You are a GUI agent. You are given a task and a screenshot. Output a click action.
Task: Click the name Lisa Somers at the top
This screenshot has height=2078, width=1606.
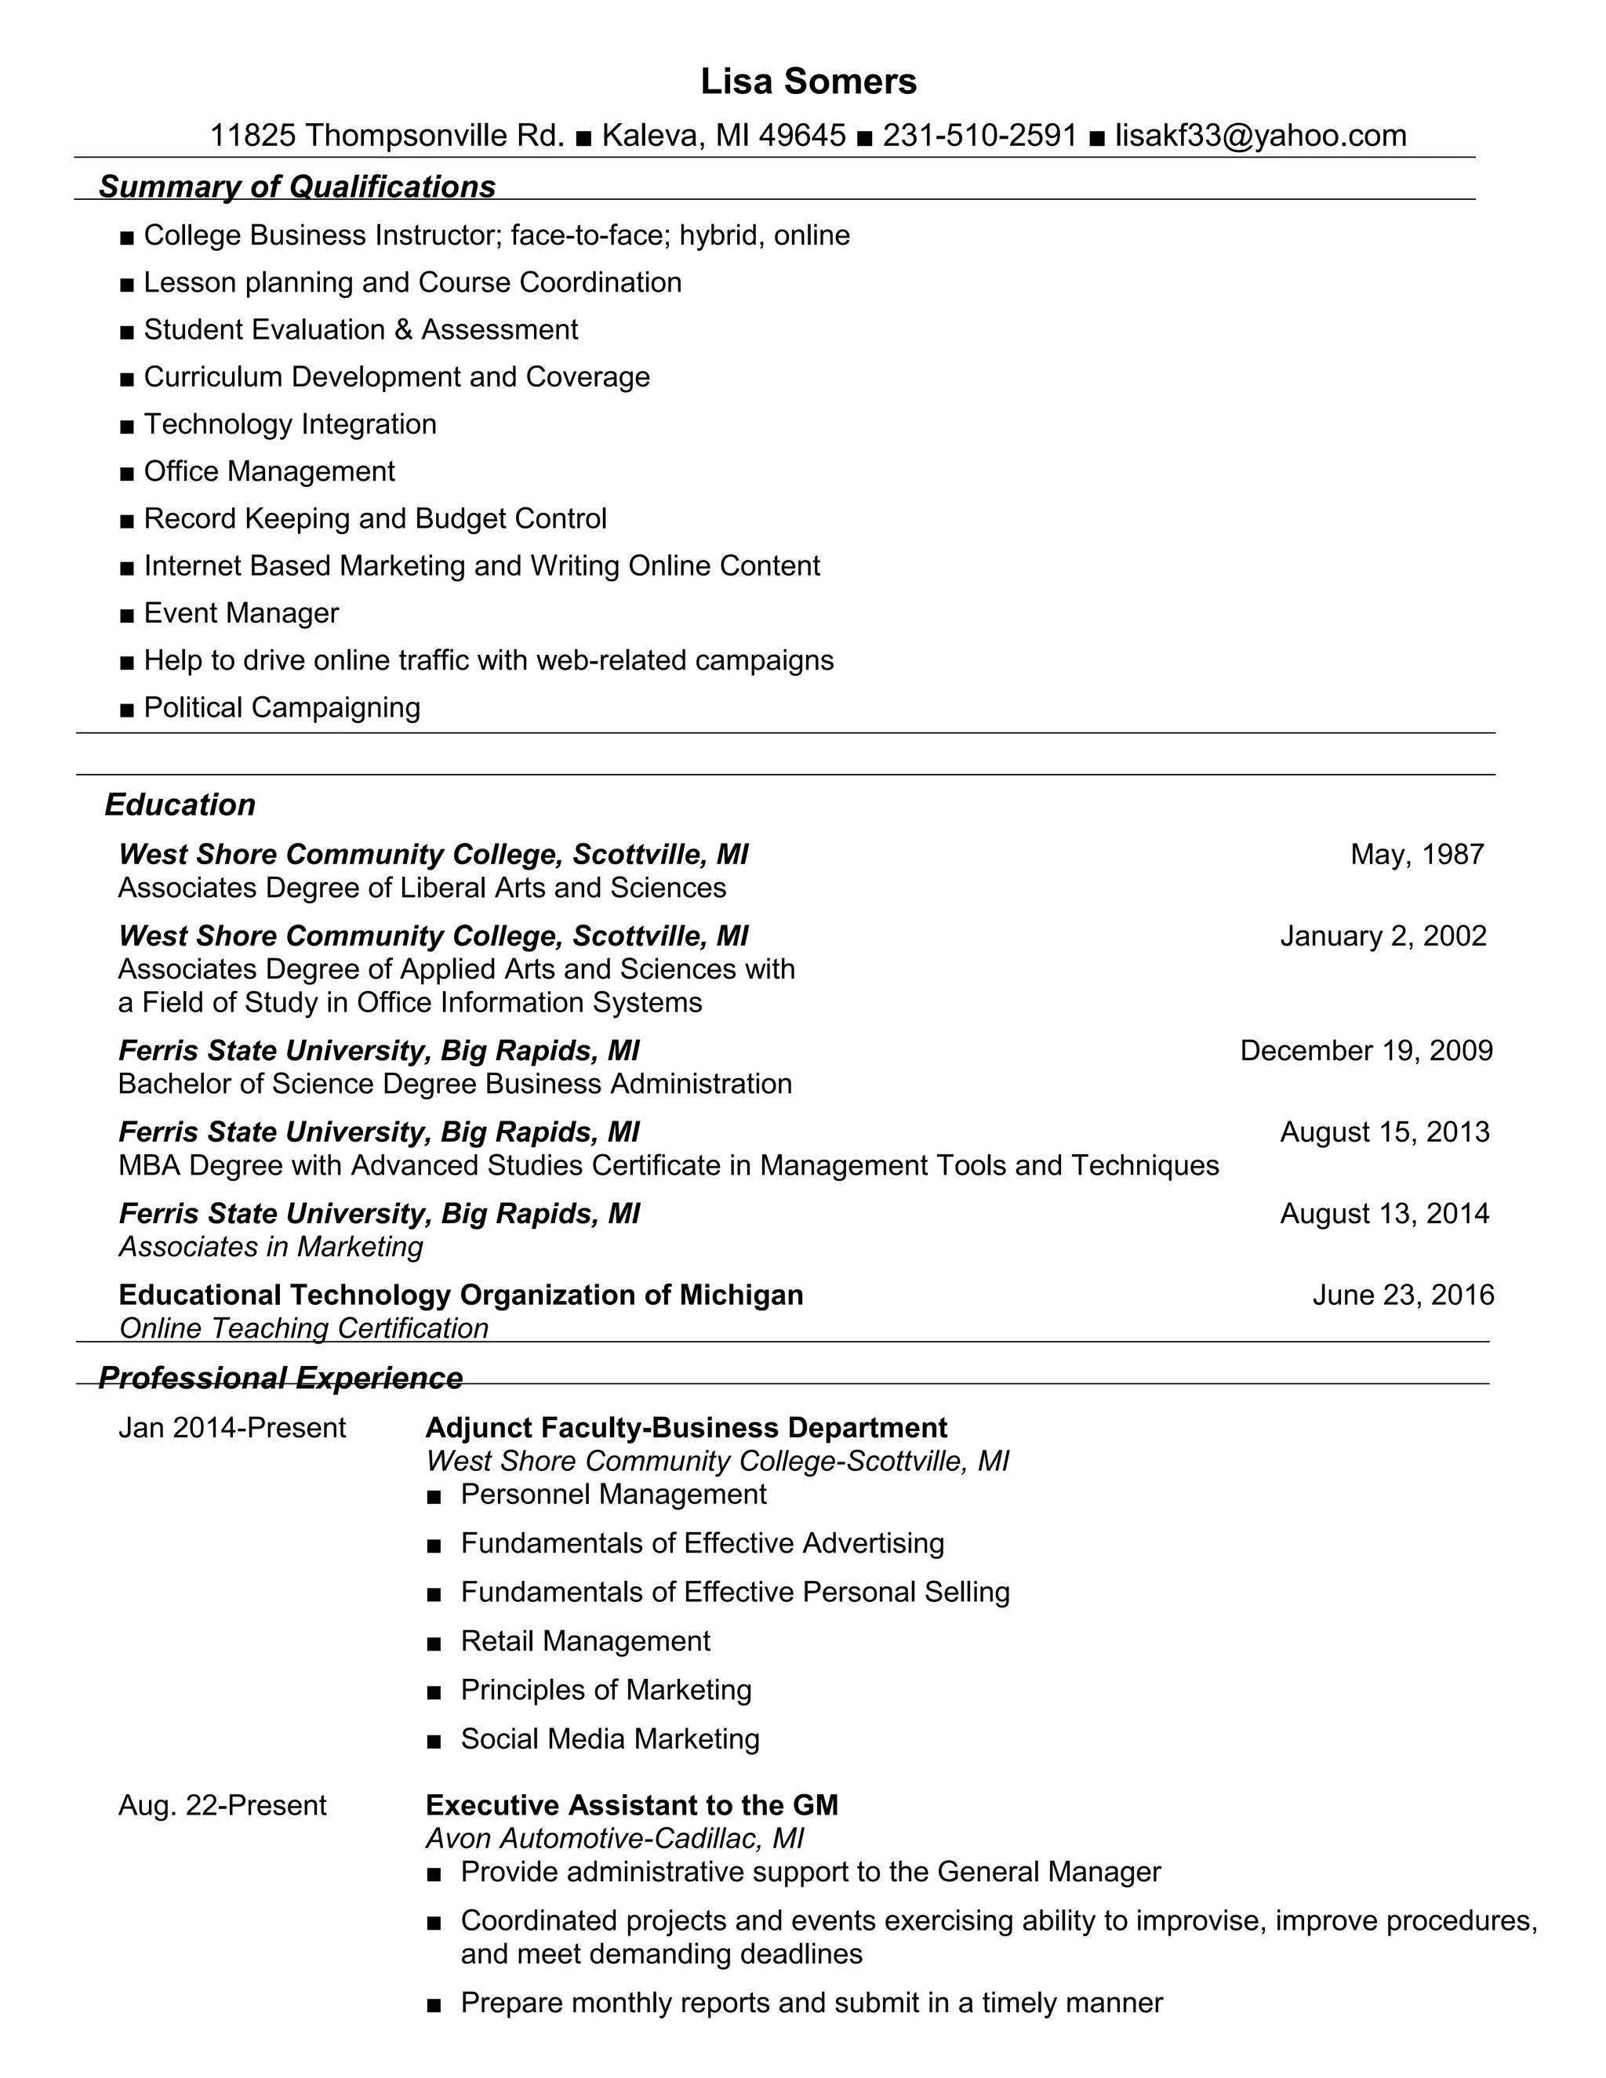click(x=808, y=82)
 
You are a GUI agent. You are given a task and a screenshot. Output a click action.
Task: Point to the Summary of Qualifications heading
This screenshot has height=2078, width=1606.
click(x=297, y=187)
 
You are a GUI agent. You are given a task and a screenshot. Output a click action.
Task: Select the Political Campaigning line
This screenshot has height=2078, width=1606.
click(x=282, y=708)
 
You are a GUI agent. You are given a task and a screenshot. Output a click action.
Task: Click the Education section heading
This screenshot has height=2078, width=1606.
click(x=180, y=805)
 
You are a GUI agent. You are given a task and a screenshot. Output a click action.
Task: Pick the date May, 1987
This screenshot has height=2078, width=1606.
click(x=1417, y=855)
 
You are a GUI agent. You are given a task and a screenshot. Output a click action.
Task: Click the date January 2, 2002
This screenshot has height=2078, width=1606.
click(x=1383, y=936)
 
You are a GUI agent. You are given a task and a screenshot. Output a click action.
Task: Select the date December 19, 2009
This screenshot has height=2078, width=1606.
click(x=1365, y=1051)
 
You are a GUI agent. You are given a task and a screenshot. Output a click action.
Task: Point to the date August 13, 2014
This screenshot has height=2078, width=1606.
click(x=1384, y=1213)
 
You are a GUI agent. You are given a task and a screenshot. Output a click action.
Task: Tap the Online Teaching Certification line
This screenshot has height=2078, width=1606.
click(x=303, y=1328)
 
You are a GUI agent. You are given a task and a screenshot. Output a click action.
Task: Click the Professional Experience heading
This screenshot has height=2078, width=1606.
click(x=281, y=1378)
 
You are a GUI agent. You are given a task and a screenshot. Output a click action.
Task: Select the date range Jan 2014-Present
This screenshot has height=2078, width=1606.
click(x=232, y=1428)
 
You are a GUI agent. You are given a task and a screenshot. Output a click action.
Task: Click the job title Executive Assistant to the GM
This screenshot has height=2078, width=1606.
click(x=632, y=1805)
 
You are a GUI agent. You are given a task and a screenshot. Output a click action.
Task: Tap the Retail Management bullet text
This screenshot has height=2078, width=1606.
click(x=585, y=1640)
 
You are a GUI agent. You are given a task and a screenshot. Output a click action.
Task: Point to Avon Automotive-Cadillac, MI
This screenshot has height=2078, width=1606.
click(x=615, y=1837)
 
